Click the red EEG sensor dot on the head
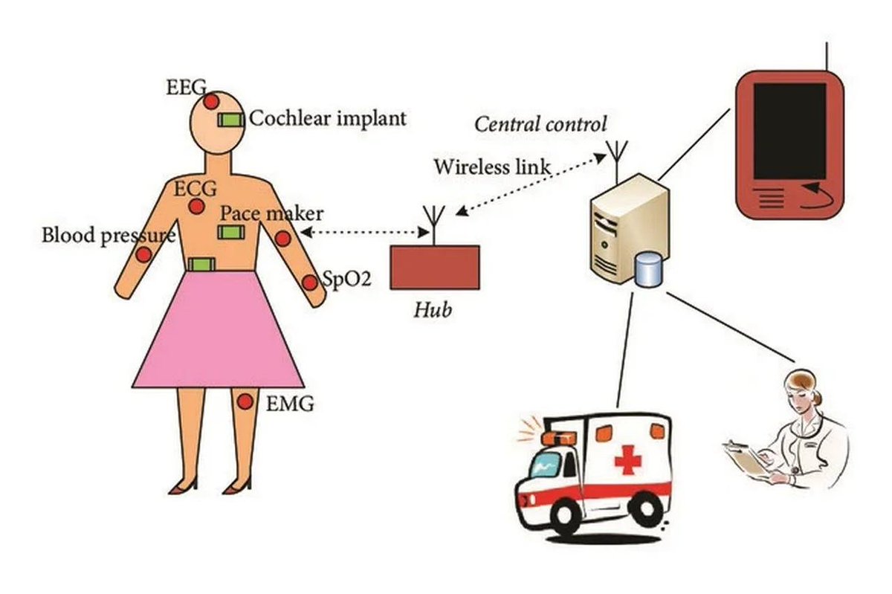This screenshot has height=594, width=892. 211,101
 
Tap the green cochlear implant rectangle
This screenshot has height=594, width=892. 230,120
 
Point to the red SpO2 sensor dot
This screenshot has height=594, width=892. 310,283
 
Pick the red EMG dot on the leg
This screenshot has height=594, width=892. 245,402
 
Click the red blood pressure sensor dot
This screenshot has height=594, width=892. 143,254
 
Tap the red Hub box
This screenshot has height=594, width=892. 434,268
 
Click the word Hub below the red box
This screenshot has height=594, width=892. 433,309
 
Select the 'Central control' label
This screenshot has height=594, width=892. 540,123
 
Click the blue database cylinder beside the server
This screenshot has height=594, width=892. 648,268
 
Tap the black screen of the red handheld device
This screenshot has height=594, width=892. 790,129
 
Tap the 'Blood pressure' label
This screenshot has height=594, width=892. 109,236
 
